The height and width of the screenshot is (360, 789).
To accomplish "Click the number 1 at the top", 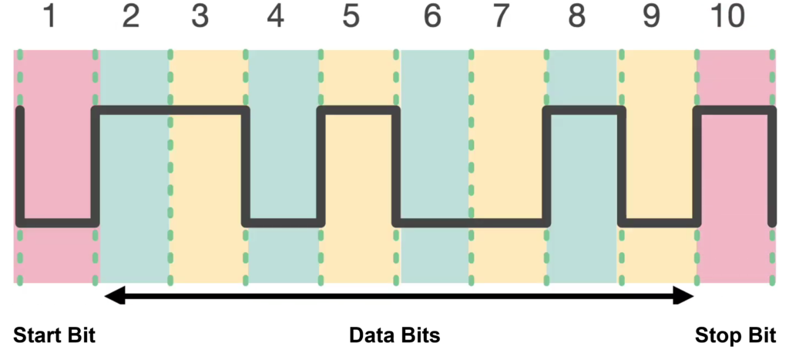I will point(50,16).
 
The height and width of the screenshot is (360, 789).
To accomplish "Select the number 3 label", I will point(200,16).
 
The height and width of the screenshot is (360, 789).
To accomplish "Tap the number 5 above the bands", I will point(351,16).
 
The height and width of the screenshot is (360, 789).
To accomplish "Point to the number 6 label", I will point(433,16).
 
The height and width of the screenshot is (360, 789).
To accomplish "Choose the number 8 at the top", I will point(576,16).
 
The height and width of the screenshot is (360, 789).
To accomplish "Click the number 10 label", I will point(727,16).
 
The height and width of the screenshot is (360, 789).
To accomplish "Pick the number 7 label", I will point(501,16).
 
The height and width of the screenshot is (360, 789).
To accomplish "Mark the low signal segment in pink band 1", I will point(58,223).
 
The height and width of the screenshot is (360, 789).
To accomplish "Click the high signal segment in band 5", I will point(359,110).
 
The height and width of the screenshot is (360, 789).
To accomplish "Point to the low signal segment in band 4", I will point(283,223).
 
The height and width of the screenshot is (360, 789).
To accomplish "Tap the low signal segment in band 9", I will point(660,223).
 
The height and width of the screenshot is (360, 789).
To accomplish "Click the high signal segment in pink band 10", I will point(735,110).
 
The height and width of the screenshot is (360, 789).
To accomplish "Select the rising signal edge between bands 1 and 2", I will point(95,167).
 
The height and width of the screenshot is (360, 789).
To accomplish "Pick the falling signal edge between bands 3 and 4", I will point(246,167).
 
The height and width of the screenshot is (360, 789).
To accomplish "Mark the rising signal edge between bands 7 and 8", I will point(546,167).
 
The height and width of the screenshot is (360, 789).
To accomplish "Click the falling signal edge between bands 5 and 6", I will point(396,167).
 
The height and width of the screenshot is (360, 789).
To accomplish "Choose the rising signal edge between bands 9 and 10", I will point(697,167).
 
